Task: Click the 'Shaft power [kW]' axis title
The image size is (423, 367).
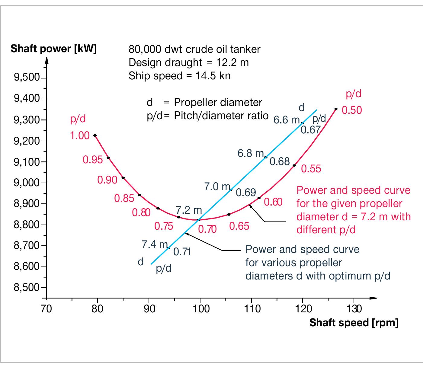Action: point(53,49)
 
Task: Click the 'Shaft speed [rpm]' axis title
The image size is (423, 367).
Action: point(354,323)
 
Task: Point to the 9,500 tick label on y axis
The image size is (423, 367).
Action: point(27,78)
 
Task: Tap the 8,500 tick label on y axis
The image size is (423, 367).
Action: point(27,287)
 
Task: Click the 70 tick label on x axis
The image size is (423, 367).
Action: point(46,309)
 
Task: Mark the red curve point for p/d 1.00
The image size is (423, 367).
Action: point(95,136)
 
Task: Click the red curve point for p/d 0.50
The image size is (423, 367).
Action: point(336,109)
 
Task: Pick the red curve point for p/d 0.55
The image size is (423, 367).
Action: point(294,165)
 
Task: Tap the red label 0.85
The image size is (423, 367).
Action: point(124,198)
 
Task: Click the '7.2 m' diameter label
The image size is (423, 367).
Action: point(189,210)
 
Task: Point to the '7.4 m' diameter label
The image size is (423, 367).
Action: point(155,244)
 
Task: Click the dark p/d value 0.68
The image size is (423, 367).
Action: point(280,162)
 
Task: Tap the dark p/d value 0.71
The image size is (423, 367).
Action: point(182,252)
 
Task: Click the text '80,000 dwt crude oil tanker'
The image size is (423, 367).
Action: point(194,49)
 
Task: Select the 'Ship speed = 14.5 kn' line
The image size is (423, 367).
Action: point(179,75)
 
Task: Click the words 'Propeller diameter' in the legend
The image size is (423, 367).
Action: point(218,103)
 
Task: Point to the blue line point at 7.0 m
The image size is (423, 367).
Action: point(231,190)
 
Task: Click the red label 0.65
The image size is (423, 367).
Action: point(239,226)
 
